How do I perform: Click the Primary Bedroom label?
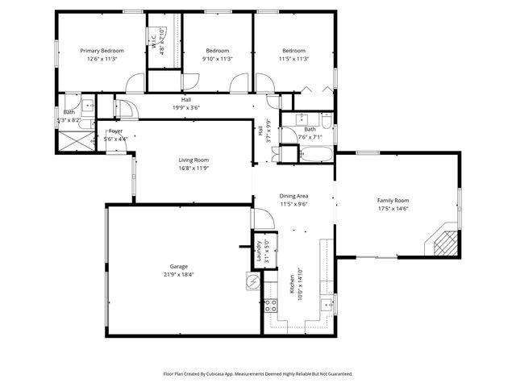(102, 51)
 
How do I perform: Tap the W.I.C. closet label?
(153, 41)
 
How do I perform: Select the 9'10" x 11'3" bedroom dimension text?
(218, 59)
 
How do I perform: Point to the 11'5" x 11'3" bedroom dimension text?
(293, 59)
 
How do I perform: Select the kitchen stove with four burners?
(272, 306)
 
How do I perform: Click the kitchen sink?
(327, 305)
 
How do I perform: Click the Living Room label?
(193, 160)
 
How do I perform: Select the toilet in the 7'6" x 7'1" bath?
(326, 121)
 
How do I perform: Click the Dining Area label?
(293, 196)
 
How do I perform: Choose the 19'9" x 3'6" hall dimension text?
(186, 107)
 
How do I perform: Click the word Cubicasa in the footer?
(235, 374)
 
